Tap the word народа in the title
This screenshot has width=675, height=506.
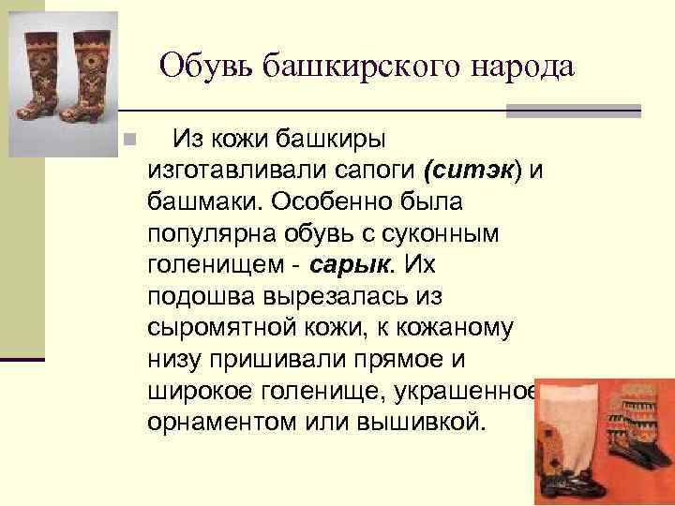(519, 66)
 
